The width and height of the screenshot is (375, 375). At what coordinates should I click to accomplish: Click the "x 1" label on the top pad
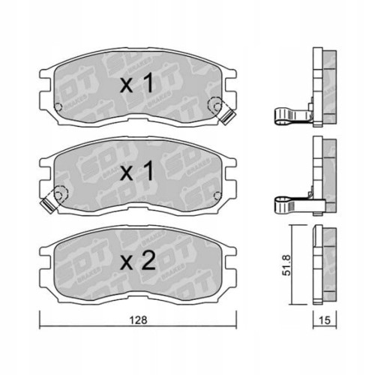point(136,85)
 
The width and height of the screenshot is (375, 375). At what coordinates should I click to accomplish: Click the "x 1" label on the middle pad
point(136,172)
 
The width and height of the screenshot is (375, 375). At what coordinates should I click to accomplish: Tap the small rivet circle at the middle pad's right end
point(217,190)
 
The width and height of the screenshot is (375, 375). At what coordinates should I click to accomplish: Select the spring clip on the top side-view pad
point(289,115)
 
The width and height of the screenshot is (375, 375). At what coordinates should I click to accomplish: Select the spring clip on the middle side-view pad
point(289,202)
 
